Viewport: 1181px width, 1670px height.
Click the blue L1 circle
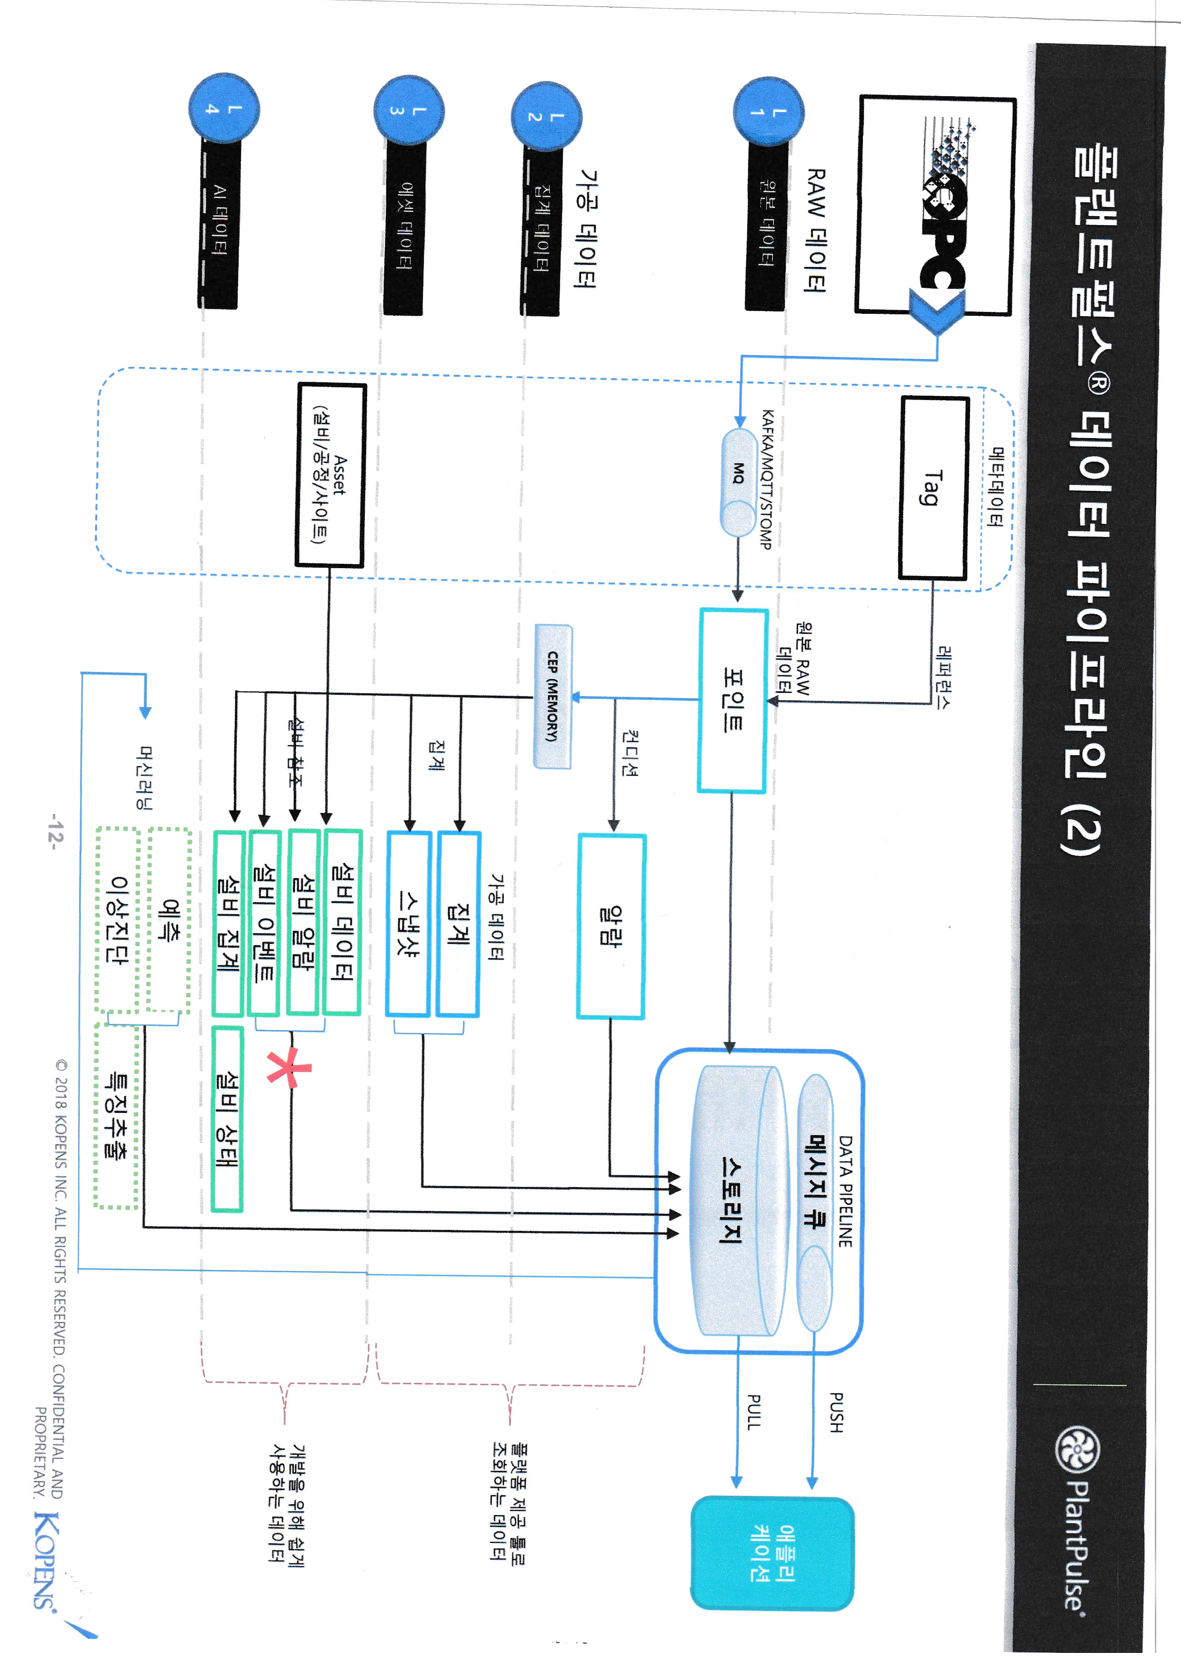[768, 112]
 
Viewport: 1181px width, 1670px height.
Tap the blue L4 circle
[223, 108]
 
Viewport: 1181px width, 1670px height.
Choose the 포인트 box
[732, 700]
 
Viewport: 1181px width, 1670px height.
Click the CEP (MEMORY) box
[553, 696]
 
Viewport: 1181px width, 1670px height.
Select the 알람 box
[611, 925]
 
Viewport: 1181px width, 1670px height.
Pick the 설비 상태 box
[227, 1119]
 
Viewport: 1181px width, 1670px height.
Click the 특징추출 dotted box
[116, 1117]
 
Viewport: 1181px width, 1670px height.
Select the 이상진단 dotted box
[118, 920]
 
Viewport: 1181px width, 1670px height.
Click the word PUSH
[836, 1412]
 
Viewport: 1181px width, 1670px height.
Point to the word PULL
[755, 1412]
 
